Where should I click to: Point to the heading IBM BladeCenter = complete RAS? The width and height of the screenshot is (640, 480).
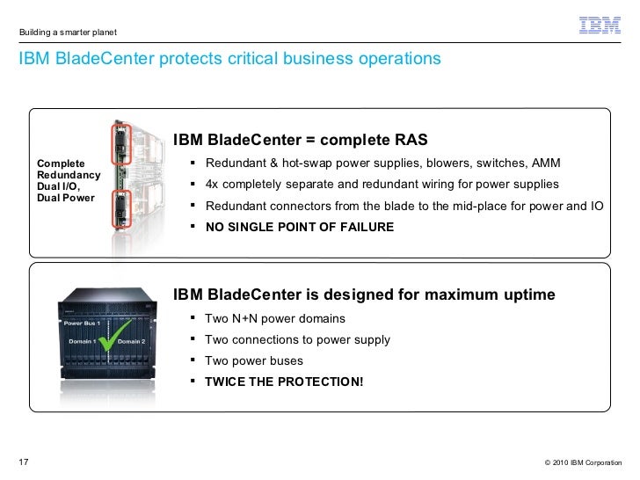tap(300, 140)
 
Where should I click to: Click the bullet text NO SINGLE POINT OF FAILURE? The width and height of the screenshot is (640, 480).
tap(299, 226)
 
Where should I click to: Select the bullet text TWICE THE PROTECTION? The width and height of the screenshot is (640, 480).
tap(283, 382)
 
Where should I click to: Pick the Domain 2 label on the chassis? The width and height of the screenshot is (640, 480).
tap(131, 341)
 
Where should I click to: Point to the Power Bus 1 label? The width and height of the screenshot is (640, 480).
tap(81, 324)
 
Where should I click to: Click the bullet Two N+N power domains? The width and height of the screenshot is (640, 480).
tap(274, 318)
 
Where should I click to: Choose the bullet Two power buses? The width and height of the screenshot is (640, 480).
tap(253, 360)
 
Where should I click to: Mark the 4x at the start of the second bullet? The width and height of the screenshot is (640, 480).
tap(212, 185)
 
